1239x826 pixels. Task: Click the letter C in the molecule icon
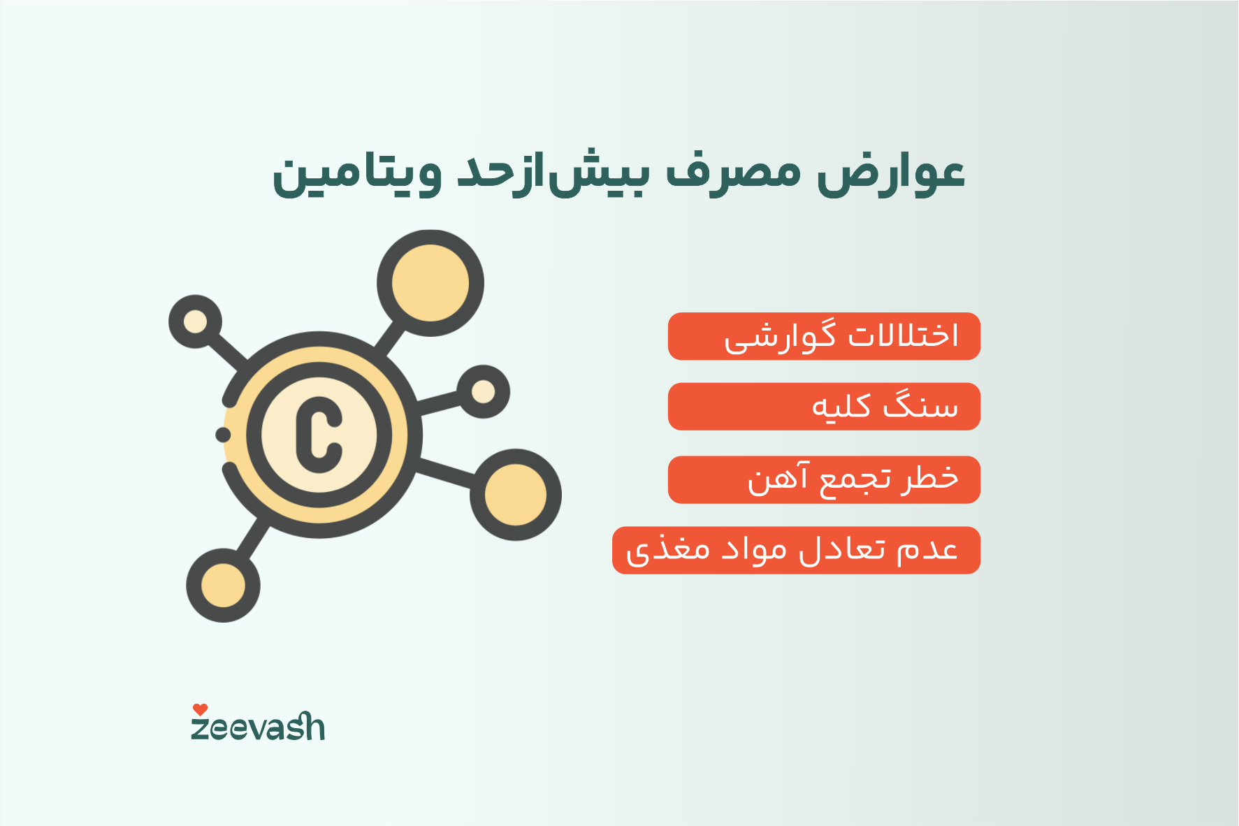click(x=319, y=435)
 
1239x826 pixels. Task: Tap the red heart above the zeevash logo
click(x=200, y=709)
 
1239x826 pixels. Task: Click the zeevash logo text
click(x=258, y=727)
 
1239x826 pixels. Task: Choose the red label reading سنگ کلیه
click(x=824, y=407)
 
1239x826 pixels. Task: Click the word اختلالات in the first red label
click(x=903, y=336)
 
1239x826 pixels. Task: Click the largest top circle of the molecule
click(x=430, y=283)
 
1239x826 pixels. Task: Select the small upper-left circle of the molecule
click(x=195, y=321)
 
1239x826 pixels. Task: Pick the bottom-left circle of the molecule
click(x=223, y=586)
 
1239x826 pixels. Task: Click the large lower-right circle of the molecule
click(x=516, y=495)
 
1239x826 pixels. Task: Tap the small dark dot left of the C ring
click(x=223, y=435)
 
